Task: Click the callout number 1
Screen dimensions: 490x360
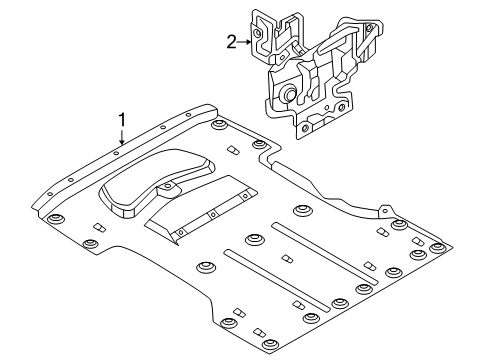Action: [122, 120]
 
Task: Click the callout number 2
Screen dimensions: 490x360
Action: [231, 42]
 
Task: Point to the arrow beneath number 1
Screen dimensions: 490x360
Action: [122, 137]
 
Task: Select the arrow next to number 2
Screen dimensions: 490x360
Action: [244, 42]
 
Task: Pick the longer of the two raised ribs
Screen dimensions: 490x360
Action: [325, 253]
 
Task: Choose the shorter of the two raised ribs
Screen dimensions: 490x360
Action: [277, 281]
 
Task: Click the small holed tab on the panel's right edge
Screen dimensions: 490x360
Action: [385, 210]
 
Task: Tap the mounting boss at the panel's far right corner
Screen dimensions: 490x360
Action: [437, 248]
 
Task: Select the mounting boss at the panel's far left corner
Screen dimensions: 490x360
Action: [55, 219]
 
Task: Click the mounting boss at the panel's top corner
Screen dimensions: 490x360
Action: [219, 125]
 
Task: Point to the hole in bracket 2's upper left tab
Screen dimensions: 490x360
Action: [257, 33]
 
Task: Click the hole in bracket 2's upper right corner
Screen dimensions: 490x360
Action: [369, 28]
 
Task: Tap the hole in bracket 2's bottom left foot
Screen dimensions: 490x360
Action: [305, 128]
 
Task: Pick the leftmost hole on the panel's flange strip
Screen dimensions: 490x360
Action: [50, 194]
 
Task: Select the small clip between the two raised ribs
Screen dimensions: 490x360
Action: [287, 259]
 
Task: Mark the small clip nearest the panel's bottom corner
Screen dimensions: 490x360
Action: [259, 333]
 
